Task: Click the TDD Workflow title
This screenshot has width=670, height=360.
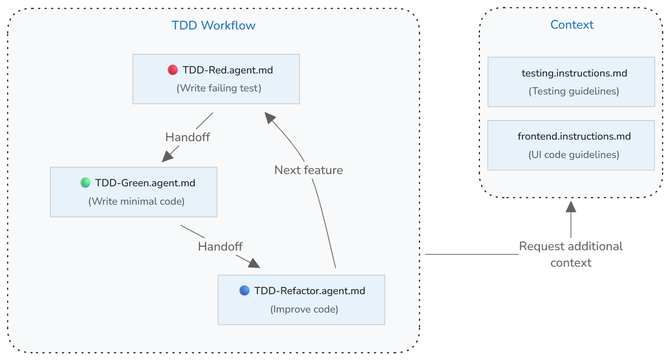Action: point(213,26)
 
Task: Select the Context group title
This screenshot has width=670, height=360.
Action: point(572,25)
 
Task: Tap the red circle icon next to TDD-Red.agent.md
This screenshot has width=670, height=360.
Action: point(173,70)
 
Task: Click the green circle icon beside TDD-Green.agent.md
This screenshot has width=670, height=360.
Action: point(85,183)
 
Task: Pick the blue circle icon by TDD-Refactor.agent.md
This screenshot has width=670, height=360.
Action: point(244,291)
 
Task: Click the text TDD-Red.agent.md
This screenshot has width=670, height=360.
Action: point(228,70)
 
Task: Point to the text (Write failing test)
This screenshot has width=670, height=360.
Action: point(219,88)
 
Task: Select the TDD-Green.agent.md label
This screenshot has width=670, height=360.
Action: point(145,183)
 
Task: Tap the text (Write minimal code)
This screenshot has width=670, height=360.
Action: point(137,201)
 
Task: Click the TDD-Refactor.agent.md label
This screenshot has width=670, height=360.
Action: point(309,291)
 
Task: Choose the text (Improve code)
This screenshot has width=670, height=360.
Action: point(304,309)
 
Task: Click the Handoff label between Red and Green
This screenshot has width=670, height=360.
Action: point(187,137)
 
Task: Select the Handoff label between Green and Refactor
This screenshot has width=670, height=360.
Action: point(220,246)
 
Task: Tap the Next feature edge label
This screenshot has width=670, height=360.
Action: point(309,170)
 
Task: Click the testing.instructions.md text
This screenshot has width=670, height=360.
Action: point(574,73)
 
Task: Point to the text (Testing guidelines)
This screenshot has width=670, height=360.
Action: point(574,91)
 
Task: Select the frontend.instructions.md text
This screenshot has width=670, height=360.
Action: point(574,136)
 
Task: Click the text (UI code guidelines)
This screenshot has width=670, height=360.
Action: point(574,155)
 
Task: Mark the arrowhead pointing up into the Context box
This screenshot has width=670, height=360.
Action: point(571,207)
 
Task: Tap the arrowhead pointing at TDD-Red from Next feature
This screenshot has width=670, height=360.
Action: point(270,117)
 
